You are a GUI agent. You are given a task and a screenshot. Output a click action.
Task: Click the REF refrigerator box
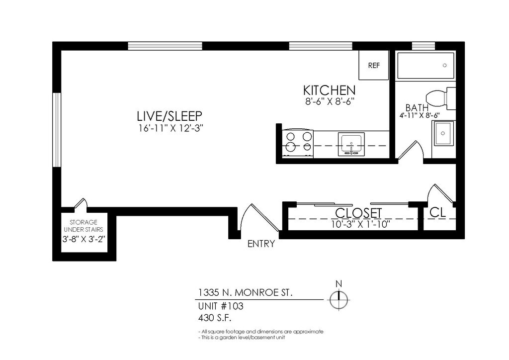374,65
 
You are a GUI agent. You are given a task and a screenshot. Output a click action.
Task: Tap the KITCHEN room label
329,90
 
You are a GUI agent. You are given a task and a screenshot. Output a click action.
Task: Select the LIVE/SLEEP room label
170,116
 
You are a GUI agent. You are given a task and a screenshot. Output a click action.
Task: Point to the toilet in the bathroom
440,97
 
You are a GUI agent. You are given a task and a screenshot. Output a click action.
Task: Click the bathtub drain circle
445,65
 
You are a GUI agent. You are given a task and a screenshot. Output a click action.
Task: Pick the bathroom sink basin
443,133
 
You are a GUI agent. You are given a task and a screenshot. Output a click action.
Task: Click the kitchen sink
351,144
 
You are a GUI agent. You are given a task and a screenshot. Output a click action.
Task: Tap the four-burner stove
298,144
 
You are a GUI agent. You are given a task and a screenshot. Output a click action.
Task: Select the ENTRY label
261,244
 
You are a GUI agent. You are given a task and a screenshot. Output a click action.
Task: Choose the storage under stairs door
81,203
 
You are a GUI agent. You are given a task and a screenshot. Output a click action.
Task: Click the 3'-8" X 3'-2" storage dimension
84,239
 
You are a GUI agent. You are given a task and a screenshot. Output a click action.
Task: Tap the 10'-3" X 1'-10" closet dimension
360,224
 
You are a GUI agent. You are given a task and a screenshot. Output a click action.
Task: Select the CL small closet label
437,212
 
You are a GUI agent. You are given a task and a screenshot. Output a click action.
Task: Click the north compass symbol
339,299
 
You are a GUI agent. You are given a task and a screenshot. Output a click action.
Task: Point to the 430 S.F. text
215,317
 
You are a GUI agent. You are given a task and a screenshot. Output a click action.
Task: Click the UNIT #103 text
220,306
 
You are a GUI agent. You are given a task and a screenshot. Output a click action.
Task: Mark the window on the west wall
57,130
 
